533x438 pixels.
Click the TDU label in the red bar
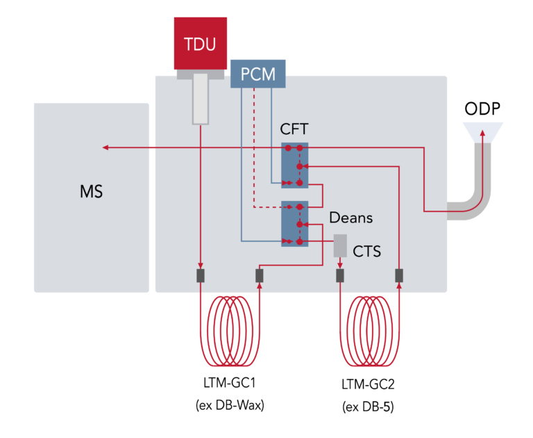click(x=200, y=45)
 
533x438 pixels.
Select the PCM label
click(x=258, y=74)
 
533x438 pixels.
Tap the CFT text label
click(x=294, y=129)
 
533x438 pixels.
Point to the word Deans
click(x=350, y=218)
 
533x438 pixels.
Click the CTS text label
click(x=366, y=251)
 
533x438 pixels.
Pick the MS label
click(x=91, y=191)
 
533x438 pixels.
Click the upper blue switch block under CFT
click(x=294, y=165)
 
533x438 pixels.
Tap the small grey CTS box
click(x=340, y=245)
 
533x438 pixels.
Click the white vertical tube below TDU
click(x=200, y=101)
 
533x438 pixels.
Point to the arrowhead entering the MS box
click(x=105, y=147)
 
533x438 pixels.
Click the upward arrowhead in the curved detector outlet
click(x=484, y=131)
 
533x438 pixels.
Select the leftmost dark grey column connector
click(x=201, y=276)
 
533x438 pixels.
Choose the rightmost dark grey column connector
click(x=399, y=276)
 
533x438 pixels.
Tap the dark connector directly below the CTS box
click(x=340, y=276)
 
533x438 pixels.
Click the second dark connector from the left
click(x=260, y=276)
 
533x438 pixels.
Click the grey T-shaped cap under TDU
click(x=200, y=74)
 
